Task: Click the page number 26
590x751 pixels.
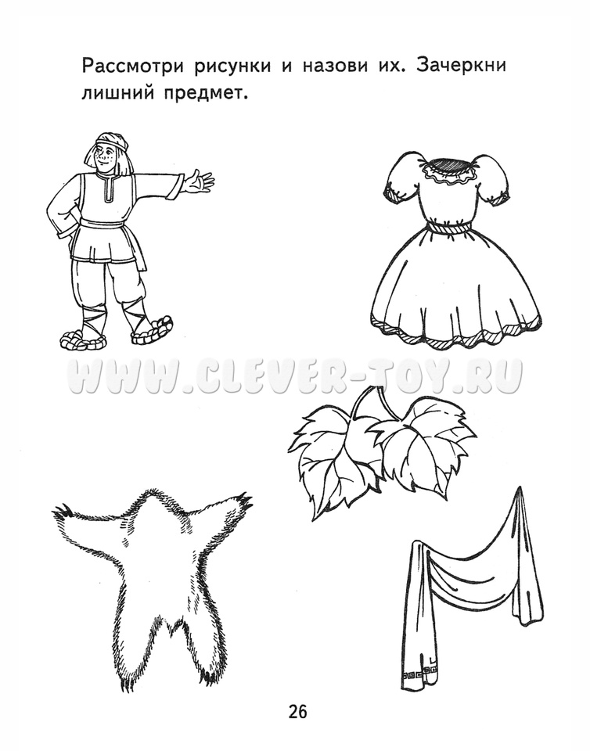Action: (x=297, y=712)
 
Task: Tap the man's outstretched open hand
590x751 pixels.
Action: (x=198, y=182)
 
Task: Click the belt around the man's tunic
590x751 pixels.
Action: (x=104, y=225)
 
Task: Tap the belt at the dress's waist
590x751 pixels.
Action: (x=451, y=225)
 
